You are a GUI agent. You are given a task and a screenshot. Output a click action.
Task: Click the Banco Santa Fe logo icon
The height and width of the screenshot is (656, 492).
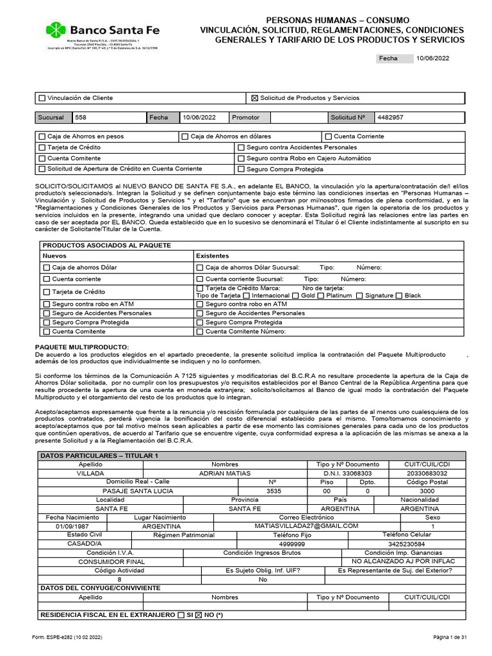tap(56, 30)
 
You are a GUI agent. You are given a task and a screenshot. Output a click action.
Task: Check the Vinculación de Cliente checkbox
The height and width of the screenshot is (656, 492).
tap(43, 98)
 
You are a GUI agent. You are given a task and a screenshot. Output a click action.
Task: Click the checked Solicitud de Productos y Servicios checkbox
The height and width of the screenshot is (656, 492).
tap(254, 98)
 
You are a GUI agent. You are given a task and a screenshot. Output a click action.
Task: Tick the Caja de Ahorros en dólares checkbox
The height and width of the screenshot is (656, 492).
tap(185, 136)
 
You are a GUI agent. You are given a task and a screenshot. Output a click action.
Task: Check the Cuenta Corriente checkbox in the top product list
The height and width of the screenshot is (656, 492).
tap(329, 136)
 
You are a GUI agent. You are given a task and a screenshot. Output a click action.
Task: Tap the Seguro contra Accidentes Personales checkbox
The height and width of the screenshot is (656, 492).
tap(241, 147)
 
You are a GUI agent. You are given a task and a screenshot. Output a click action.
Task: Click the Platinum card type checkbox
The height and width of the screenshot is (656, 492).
tap(322, 295)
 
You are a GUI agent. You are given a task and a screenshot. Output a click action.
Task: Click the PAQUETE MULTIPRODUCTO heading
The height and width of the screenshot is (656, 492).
tap(81, 347)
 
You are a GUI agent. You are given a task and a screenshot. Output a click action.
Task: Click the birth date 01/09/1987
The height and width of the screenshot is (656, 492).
tap(72, 526)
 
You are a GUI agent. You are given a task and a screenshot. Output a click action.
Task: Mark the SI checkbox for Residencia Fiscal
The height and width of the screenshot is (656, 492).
tap(181, 615)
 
